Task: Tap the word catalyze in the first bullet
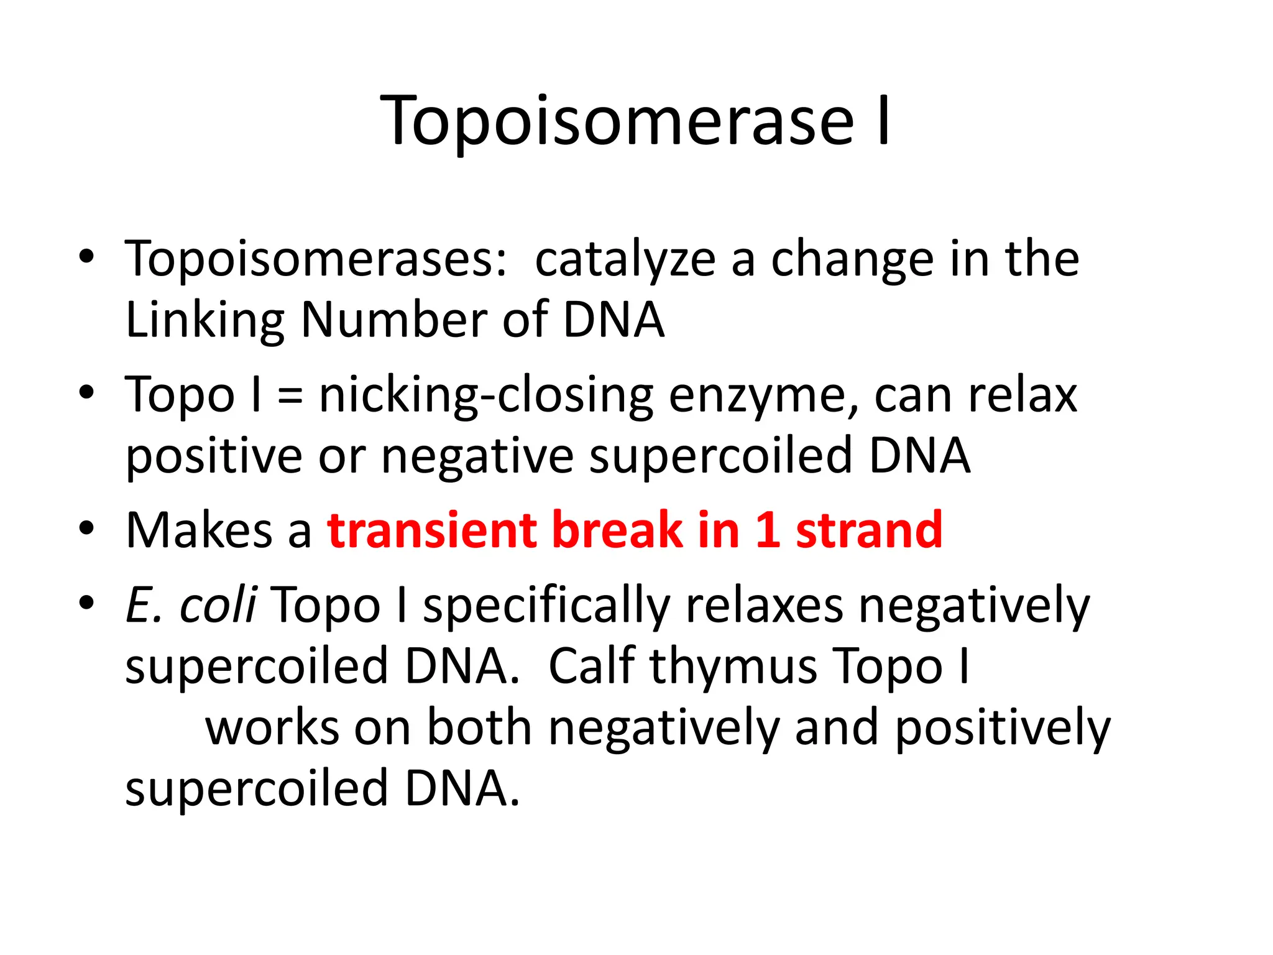625,260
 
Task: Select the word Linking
205,321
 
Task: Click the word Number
394,320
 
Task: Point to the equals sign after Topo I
290,396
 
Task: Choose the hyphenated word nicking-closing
486,396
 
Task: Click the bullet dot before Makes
86,528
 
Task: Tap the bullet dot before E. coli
86,602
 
